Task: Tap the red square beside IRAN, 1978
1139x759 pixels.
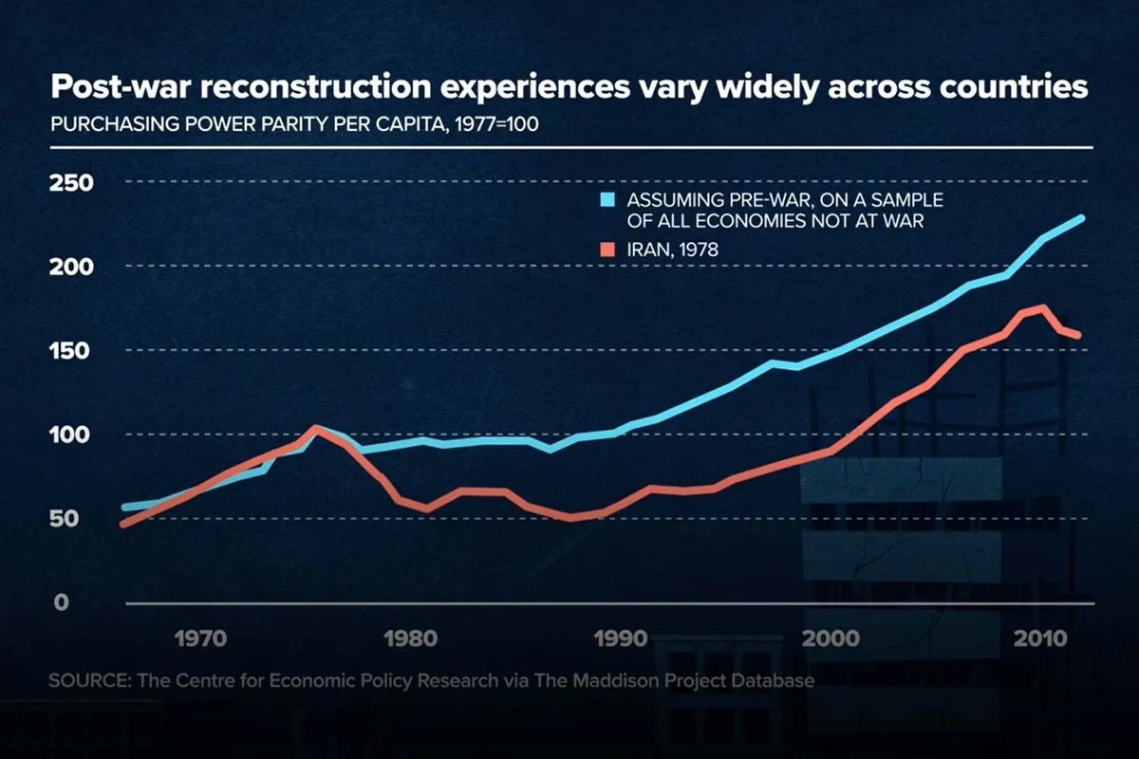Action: [x=608, y=250]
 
